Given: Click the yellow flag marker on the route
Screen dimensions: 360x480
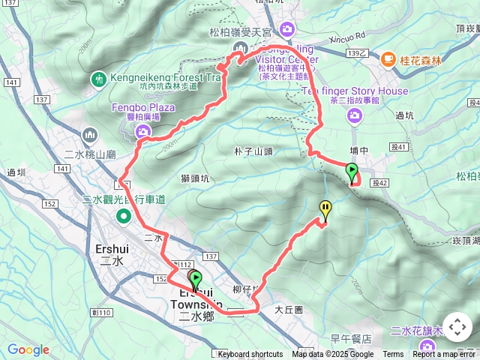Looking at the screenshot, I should click(x=325, y=209).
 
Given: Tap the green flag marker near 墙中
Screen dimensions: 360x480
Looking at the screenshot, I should click(x=352, y=172).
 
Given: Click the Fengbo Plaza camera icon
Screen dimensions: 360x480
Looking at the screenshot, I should click(x=142, y=132).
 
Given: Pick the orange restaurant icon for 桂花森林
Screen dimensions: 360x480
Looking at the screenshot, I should click(x=388, y=58).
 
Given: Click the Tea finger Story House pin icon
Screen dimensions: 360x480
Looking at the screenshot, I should click(x=353, y=114).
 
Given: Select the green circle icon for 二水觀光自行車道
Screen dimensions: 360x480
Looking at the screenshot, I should click(x=124, y=217).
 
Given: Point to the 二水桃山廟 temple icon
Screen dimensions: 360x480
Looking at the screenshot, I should click(x=90, y=136).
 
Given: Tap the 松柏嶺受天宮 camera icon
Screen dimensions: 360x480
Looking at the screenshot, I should click(x=286, y=28).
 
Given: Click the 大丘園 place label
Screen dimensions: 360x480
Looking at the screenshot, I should click(x=287, y=309).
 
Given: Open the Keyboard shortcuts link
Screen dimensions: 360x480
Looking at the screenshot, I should click(x=250, y=355).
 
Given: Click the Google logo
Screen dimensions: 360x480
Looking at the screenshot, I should click(x=28, y=349).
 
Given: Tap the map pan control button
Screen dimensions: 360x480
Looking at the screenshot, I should click(x=457, y=328).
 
